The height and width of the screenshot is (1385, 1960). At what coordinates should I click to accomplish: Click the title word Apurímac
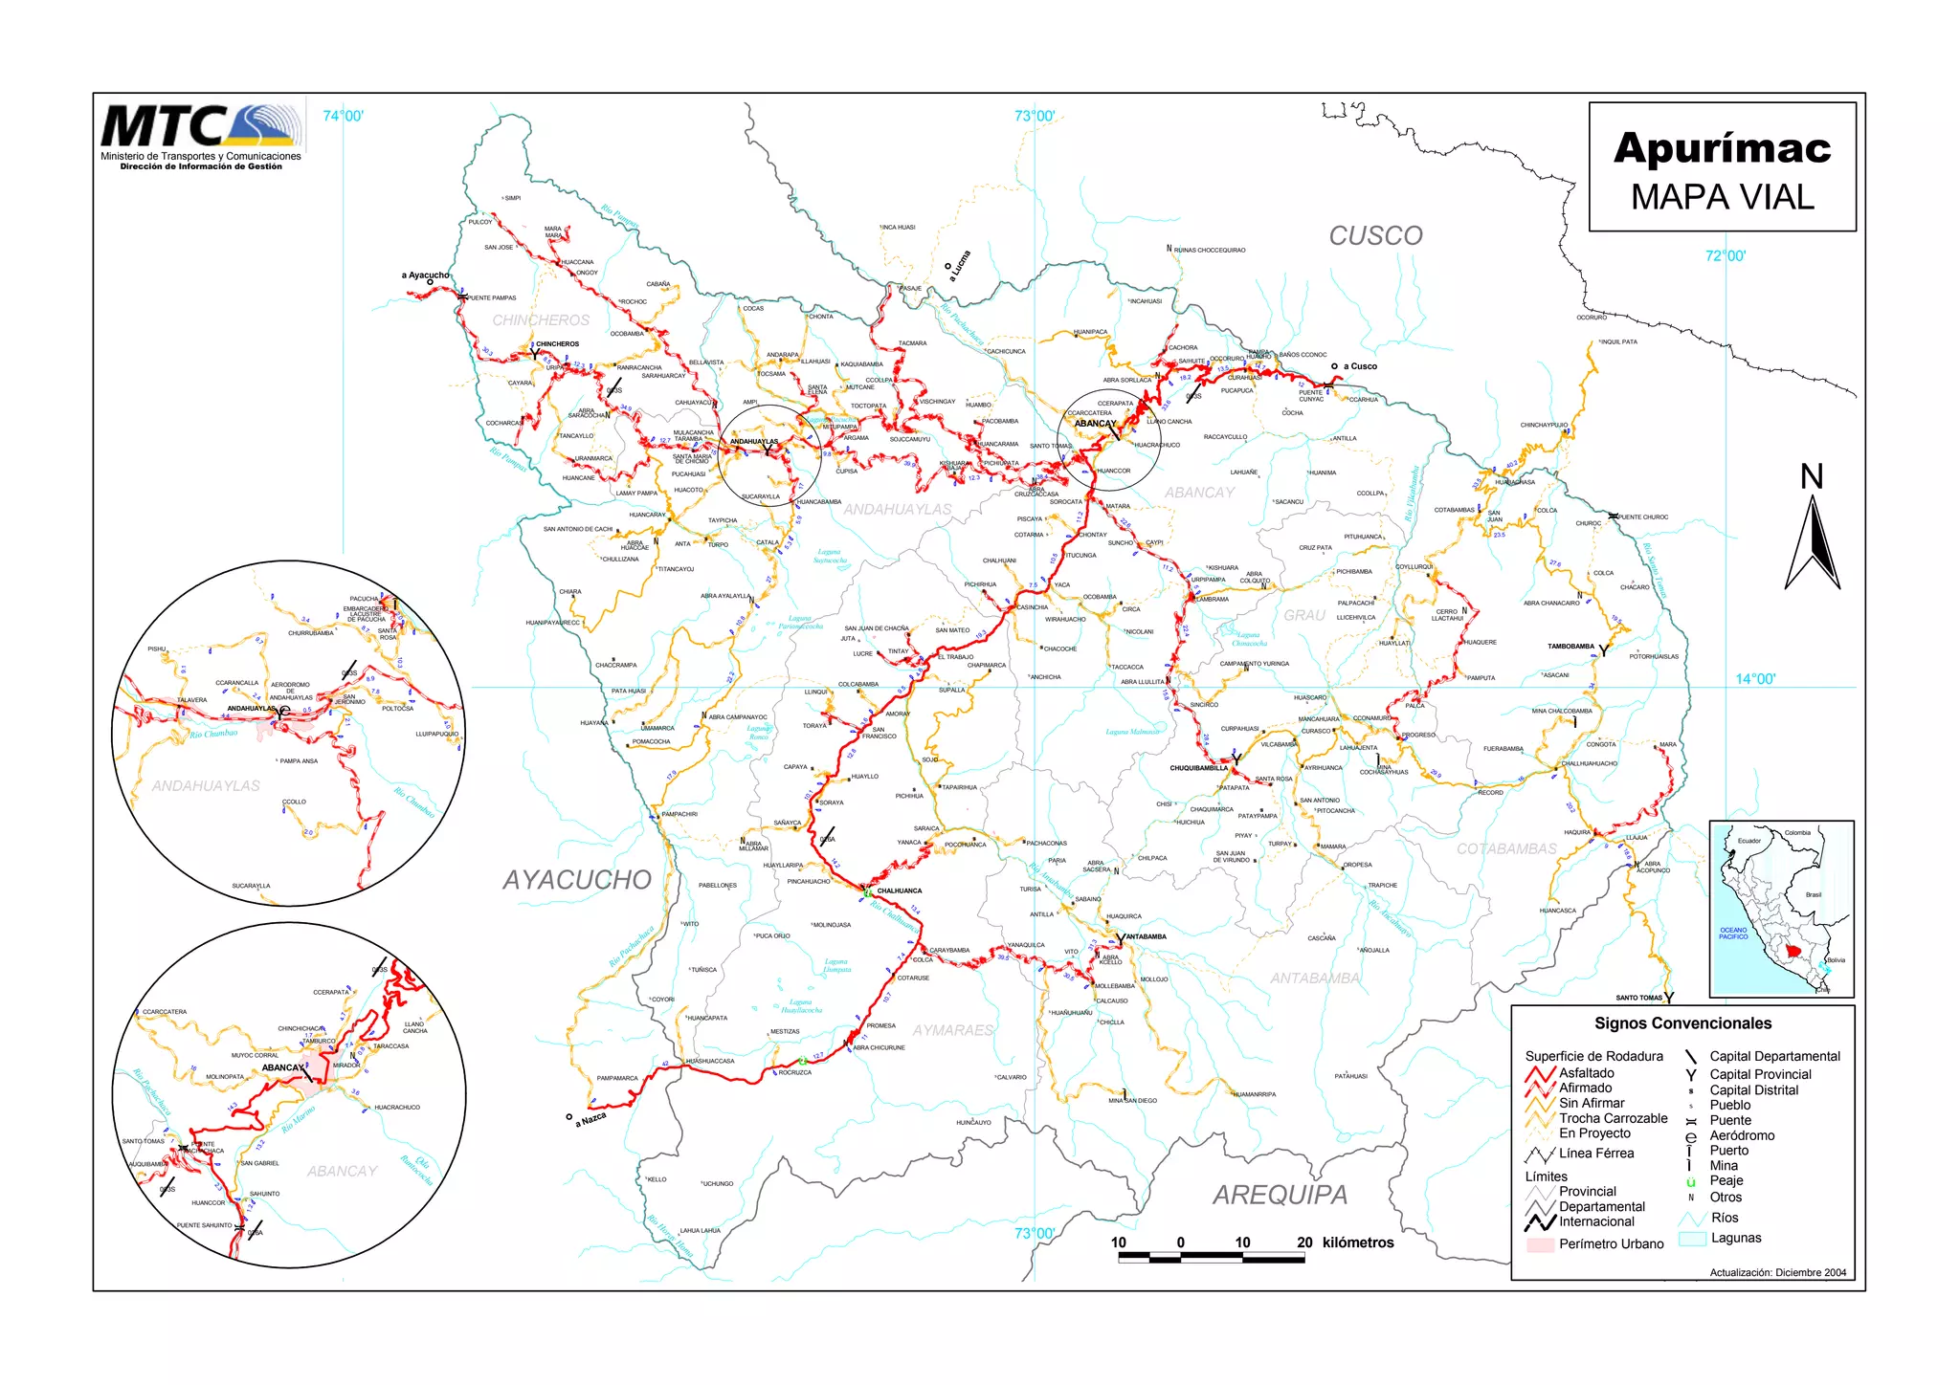[x=1722, y=148]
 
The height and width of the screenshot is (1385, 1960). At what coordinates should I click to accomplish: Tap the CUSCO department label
[x=1375, y=236]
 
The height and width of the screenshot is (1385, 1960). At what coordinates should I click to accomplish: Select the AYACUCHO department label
[x=577, y=880]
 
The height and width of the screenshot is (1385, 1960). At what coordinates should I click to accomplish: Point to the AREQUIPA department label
[x=1281, y=1195]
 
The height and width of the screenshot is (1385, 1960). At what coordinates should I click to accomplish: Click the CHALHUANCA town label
[x=900, y=890]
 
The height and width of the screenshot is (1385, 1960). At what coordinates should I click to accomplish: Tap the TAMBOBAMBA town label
[x=1570, y=647]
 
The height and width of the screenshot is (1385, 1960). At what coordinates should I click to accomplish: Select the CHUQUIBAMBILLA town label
[x=1198, y=768]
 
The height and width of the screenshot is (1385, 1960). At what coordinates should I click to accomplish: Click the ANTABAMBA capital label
[x=1147, y=936]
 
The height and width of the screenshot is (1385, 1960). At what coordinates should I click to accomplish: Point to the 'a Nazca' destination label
[x=590, y=1119]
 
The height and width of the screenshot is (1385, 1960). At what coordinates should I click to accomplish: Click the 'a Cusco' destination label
[x=1360, y=366]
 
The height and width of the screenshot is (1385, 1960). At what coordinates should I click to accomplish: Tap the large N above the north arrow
[x=1812, y=477]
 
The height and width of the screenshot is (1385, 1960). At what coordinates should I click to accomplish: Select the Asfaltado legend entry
[x=1586, y=1073]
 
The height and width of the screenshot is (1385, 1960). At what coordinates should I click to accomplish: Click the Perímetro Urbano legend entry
[x=1611, y=1244]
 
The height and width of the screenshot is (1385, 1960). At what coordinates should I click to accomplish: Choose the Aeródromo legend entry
[x=1742, y=1135]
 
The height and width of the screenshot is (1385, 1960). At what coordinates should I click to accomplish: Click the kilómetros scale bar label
[x=1358, y=1242]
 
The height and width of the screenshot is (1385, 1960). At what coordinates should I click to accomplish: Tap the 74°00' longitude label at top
[x=343, y=117]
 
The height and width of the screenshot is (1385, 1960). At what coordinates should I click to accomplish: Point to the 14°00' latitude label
[x=1754, y=679]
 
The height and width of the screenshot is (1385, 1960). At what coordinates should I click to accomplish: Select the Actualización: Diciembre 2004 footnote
[x=1778, y=1273]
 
